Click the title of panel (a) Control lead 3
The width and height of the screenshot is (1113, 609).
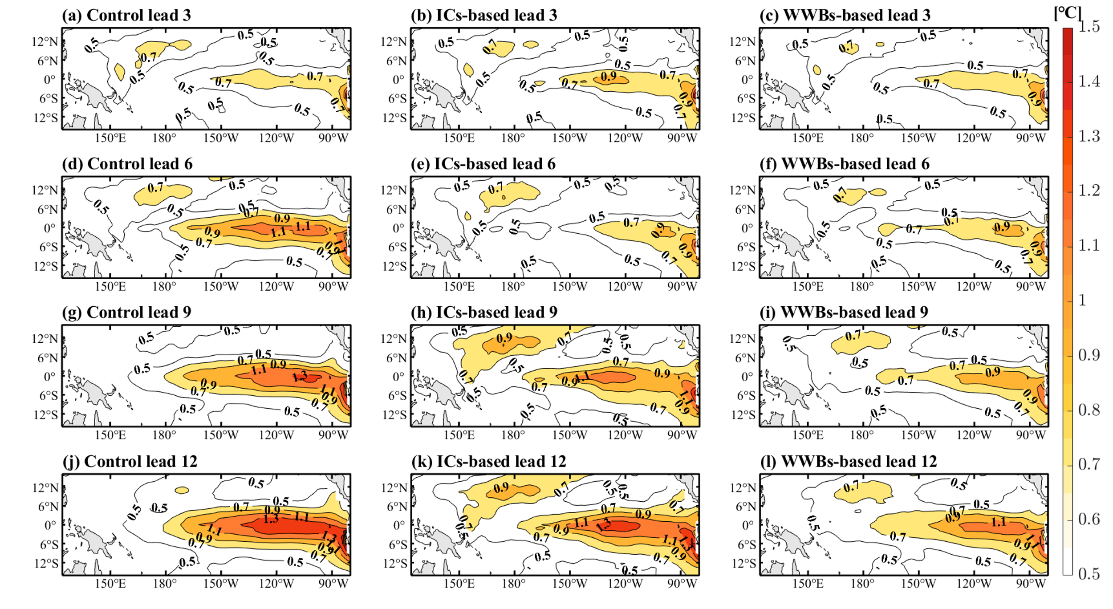point(126,15)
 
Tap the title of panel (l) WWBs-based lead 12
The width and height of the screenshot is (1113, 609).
point(848,461)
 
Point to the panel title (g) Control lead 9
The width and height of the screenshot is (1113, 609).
point(126,312)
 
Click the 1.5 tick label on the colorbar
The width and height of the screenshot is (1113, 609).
point(1089,27)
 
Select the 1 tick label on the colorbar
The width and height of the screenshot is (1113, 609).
point(1083,300)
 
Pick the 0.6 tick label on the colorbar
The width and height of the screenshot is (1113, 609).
point(1089,519)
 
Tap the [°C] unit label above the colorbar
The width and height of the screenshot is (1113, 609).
point(1067,13)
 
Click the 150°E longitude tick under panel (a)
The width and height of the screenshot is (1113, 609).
point(110,138)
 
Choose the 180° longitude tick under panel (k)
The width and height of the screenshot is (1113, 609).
point(513,584)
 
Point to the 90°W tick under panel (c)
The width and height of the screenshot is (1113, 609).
point(1031,138)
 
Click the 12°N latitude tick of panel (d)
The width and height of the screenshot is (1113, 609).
point(45,191)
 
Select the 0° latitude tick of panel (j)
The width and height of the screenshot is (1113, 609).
point(50,525)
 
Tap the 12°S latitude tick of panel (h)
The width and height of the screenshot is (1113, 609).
point(394,415)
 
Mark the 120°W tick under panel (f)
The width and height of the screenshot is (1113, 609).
point(974,287)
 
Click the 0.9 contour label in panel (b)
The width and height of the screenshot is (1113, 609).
point(608,77)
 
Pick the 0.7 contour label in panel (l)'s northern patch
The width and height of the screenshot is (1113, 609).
point(851,487)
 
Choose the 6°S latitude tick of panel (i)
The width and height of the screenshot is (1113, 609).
point(746,396)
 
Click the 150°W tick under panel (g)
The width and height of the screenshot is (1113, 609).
point(220,435)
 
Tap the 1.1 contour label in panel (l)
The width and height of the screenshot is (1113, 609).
point(998,522)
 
